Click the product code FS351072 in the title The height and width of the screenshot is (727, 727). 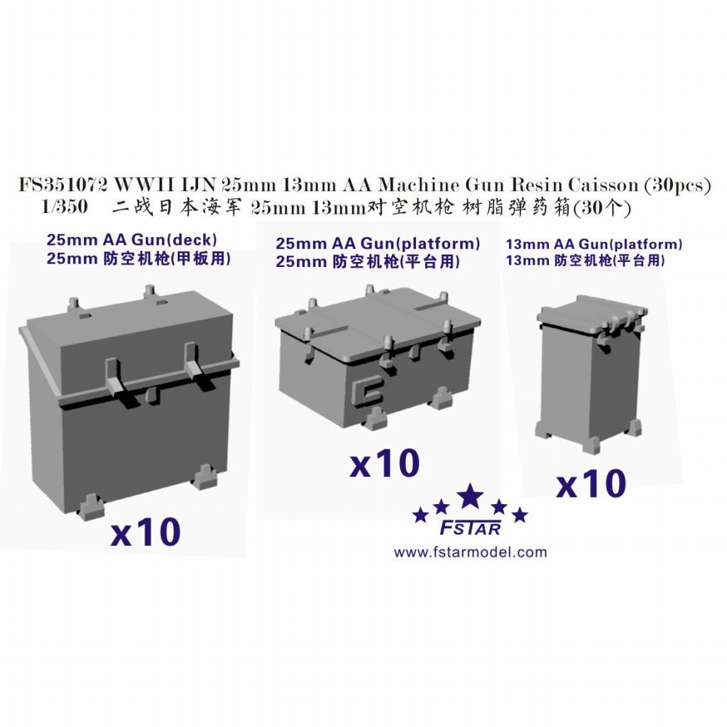(62, 185)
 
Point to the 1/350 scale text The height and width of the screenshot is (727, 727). (65, 207)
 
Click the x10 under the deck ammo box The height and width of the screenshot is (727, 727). (146, 532)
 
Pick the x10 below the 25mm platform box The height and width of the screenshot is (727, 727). (385, 463)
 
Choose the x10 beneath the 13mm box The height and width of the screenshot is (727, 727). (591, 483)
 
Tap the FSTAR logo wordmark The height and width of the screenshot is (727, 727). (470, 528)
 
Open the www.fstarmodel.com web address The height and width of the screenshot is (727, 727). (470, 552)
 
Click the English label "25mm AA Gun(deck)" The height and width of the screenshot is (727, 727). (131, 240)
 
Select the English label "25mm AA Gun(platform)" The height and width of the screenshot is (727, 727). (378, 244)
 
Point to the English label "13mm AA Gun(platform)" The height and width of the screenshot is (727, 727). (594, 244)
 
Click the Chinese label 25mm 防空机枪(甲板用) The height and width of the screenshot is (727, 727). (138, 258)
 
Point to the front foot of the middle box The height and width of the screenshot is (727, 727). (376, 420)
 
